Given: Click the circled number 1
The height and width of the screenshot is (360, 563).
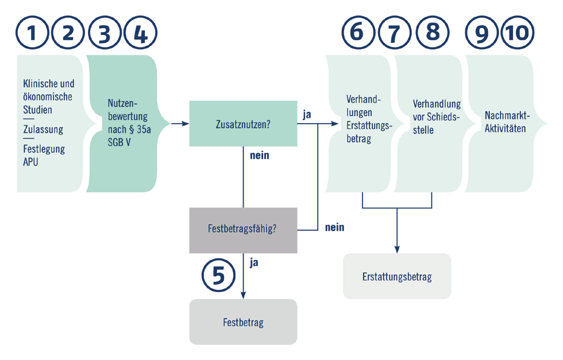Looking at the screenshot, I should (32, 33).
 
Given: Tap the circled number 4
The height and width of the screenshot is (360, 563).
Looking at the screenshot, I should (140, 33).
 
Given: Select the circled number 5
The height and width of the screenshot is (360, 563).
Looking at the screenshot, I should (219, 276).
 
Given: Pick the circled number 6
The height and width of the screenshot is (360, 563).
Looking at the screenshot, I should (357, 33).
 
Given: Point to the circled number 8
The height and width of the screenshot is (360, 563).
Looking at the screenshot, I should (432, 33).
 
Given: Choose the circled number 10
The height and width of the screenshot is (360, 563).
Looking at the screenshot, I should (518, 33).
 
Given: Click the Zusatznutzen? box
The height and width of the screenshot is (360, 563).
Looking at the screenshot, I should (243, 124).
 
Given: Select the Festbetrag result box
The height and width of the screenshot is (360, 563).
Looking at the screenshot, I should (243, 322).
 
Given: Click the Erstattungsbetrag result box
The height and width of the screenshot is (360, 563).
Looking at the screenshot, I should (397, 277).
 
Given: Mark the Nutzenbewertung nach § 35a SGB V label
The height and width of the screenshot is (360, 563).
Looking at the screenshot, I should (128, 122).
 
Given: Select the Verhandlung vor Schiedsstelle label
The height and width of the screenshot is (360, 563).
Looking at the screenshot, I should (437, 117).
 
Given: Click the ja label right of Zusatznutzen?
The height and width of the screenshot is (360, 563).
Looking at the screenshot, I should (307, 114).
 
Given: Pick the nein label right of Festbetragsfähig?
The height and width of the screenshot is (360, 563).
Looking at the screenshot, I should (334, 227).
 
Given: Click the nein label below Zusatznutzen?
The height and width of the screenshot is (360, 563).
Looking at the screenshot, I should (259, 155).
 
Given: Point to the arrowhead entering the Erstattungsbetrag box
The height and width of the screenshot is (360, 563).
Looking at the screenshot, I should (397, 249).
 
